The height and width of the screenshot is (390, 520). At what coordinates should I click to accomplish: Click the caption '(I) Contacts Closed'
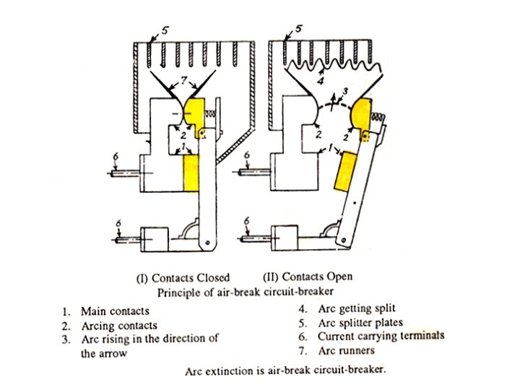tap(184, 277)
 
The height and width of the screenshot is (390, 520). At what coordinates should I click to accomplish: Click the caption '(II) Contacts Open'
tap(308, 277)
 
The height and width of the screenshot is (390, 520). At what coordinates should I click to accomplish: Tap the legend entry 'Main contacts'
tap(115, 311)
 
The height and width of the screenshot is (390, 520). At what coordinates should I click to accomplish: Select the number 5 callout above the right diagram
tap(299, 29)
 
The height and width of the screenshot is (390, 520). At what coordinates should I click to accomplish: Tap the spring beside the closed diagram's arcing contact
tap(212, 114)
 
